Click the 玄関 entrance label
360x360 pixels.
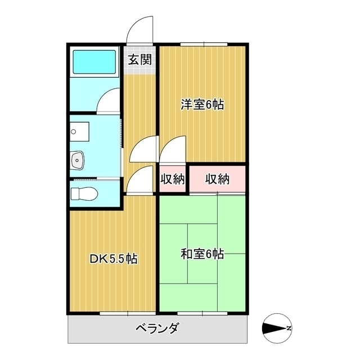point(139,60)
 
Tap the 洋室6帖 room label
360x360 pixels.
point(202,105)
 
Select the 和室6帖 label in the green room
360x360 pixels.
point(202,254)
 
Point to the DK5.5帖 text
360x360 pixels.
point(114,259)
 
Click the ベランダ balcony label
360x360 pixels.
point(157,328)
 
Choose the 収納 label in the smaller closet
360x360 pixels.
point(173,179)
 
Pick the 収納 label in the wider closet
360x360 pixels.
point(217,179)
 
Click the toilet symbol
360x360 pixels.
point(84,193)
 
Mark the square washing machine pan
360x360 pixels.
point(80,131)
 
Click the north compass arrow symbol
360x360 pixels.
point(277,328)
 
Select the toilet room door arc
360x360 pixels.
point(141,180)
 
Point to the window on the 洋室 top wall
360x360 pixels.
point(204,44)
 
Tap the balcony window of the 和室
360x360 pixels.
point(203,312)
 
